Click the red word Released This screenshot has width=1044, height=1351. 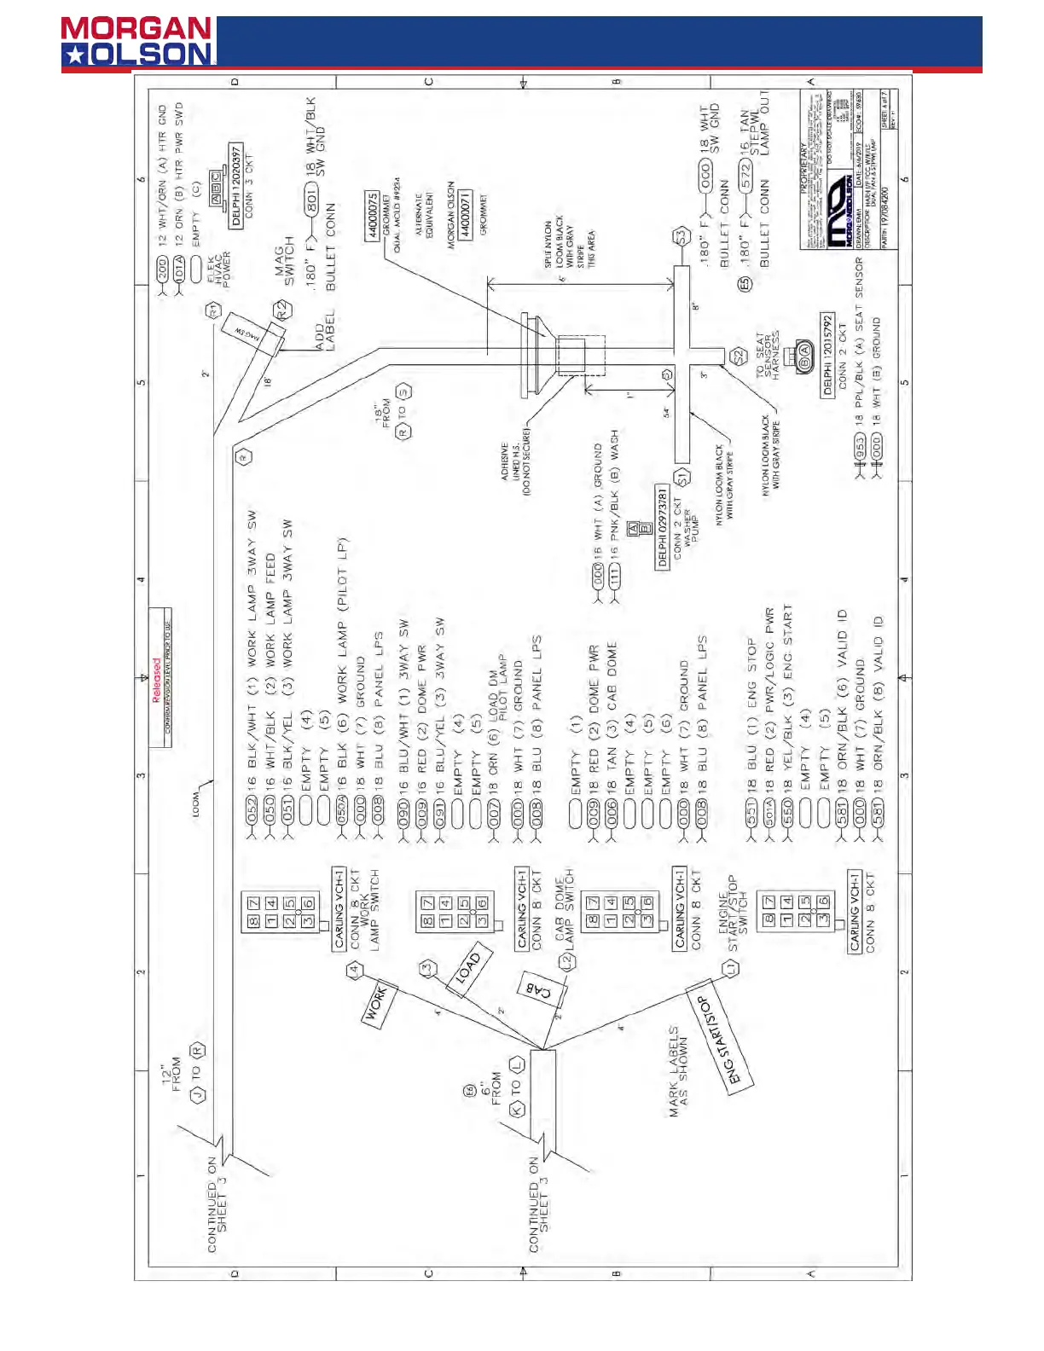(x=156, y=680)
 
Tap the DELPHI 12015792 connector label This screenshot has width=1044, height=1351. (x=826, y=355)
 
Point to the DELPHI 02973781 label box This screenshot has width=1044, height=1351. (x=662, y=526)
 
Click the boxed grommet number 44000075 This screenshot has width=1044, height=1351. (x=372, y=216)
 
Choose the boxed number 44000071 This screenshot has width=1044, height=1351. (x=465, y=216)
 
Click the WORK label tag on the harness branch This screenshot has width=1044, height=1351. (x=376, y=1004)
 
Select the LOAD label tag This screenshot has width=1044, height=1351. (x=468, y=968)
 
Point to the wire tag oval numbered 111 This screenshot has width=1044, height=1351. (x=615, y=577)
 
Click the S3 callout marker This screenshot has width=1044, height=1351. (x=680, y=236)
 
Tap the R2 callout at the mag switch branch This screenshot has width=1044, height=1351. (x=281, y=310)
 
